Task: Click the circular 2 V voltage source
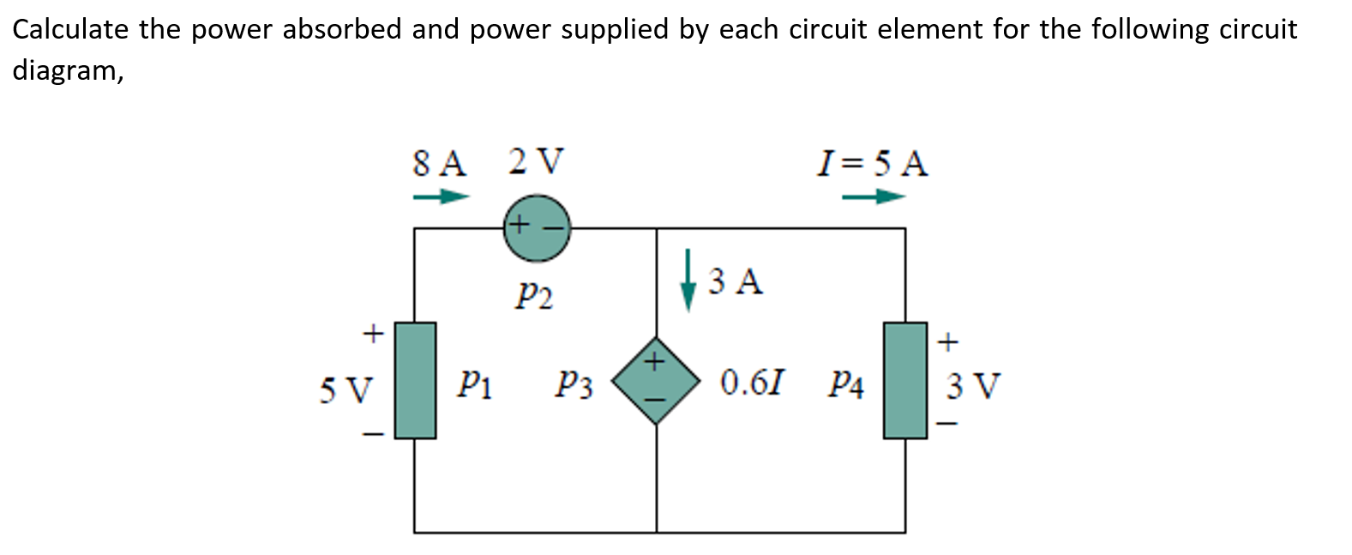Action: pyautogui.click(x=537, y=228)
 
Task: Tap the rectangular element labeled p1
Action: pyautogui.click(x=416, y=380)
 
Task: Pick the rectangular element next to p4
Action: pyautogui.click(x=905, y=380)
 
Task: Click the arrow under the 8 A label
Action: pyautogui.click(x=442, y=197)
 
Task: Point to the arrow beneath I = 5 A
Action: pyautogui.click(x=873, y=197)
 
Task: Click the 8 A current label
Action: pyautogui.click(x=439, y=162)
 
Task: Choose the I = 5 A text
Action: pyautogui.click(x=873, y=162)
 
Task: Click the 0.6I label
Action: pyautogui.click(x=751, y=383)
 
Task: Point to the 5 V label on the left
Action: pyautogui.click(x=346, y=390)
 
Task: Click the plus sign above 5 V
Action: pyautogui.click(x=372, y=332)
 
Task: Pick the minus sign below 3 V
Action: pyautogui.click(x=946, y=423)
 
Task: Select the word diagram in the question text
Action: pyautogui.click(x=65, y=70)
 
